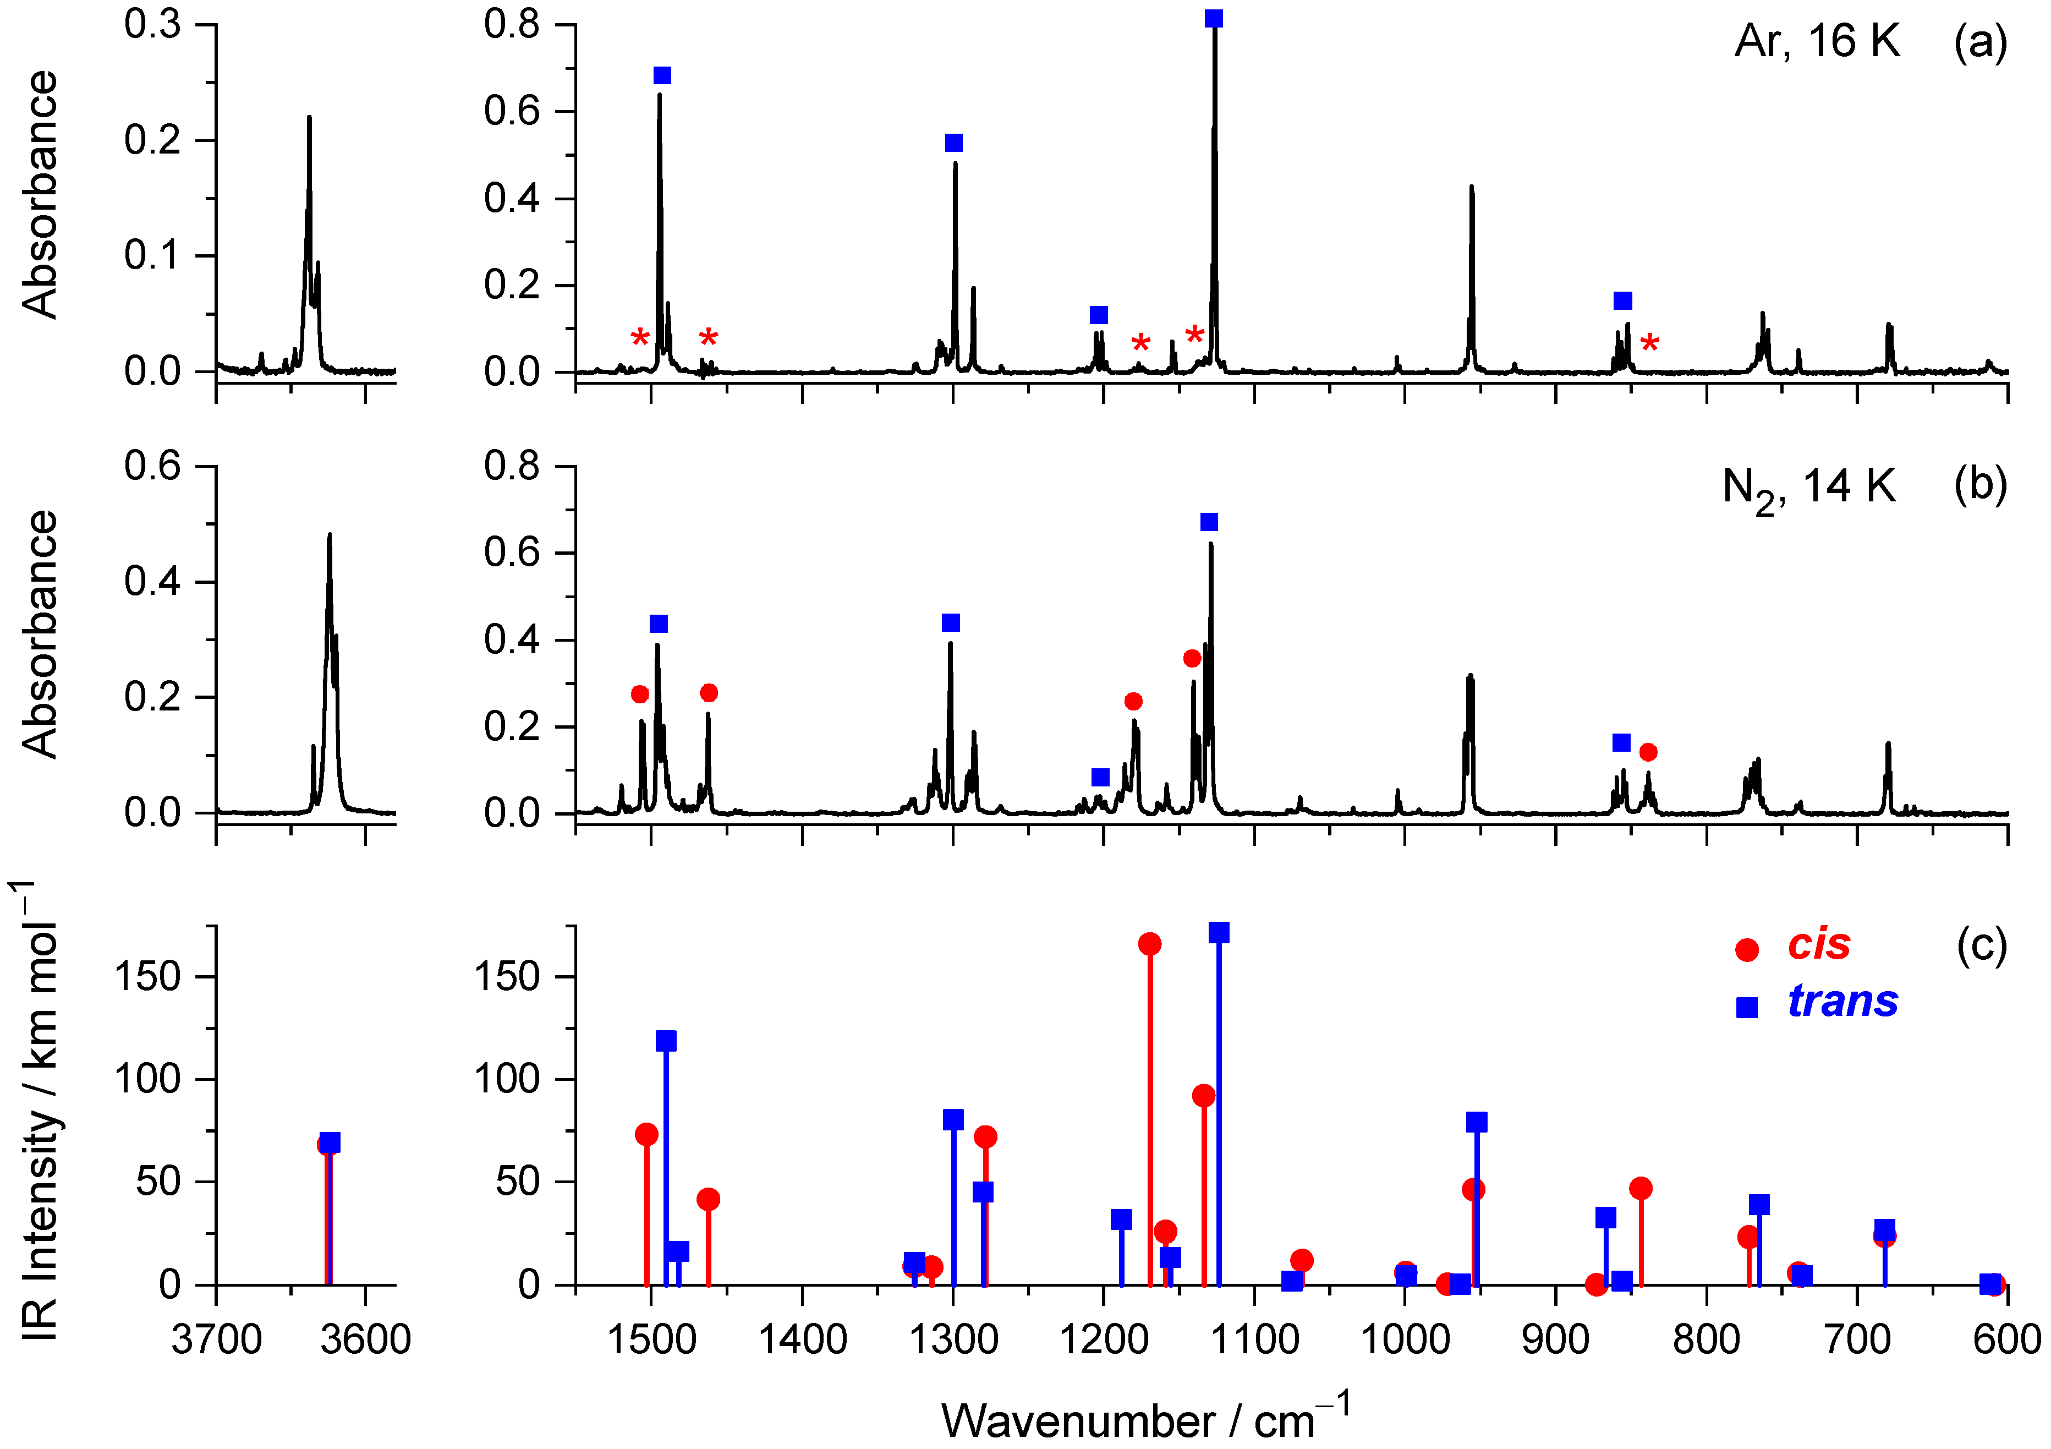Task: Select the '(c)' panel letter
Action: pyautogui.click(x=1981, y=944)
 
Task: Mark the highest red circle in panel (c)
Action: pyautogui.click(x=1150, y=944)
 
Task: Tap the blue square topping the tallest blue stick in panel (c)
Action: pyautogui.click(x=1219, y=933)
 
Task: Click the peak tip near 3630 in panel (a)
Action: pyautogui.click(x=309, y=117)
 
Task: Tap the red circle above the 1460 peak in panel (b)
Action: pyautogui.click(x=709, y=693)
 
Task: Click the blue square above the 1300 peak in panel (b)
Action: pyautogui.click(x=951, y=622)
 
